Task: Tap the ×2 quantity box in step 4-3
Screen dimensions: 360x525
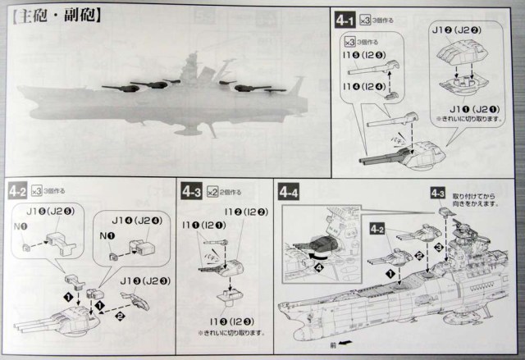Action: coord(212,192)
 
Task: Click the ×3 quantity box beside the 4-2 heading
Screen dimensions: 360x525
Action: coord(38,193)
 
